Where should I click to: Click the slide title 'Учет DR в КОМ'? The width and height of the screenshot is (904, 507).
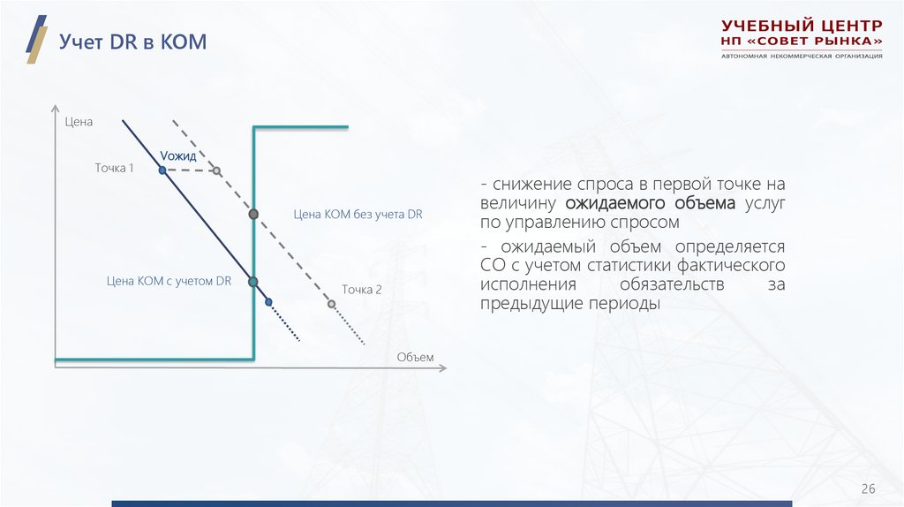tap(132, 42)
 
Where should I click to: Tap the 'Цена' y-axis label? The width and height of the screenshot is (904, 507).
tap(79, 122)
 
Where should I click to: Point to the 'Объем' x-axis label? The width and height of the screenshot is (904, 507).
tap(415, 356)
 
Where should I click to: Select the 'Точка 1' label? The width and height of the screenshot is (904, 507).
tap(114, 167)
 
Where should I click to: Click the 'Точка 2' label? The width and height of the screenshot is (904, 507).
tap(362, 289)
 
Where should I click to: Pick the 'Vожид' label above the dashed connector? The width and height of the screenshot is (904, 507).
tap(178, 155)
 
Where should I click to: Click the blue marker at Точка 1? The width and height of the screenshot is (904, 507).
tap(162, 169)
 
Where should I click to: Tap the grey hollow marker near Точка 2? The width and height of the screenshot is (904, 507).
tap(331, 304)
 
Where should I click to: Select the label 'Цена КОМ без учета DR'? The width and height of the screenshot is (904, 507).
tap(358, 214)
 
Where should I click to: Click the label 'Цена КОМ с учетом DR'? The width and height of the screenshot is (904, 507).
tap(169, 281)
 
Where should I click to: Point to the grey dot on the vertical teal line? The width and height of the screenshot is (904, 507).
tap(253, 214)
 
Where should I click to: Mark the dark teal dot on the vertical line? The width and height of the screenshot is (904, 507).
tap(253, 282)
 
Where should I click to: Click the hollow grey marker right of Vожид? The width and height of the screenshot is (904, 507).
tap(217, 170)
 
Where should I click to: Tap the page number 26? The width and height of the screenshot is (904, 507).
tap(868, 489)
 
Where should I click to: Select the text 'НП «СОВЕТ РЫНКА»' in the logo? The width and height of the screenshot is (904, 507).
tap(802, 42)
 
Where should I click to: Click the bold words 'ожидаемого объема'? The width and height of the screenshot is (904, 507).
tap(650, 203)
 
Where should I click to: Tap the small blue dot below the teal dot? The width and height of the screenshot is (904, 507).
tap(268, 302)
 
